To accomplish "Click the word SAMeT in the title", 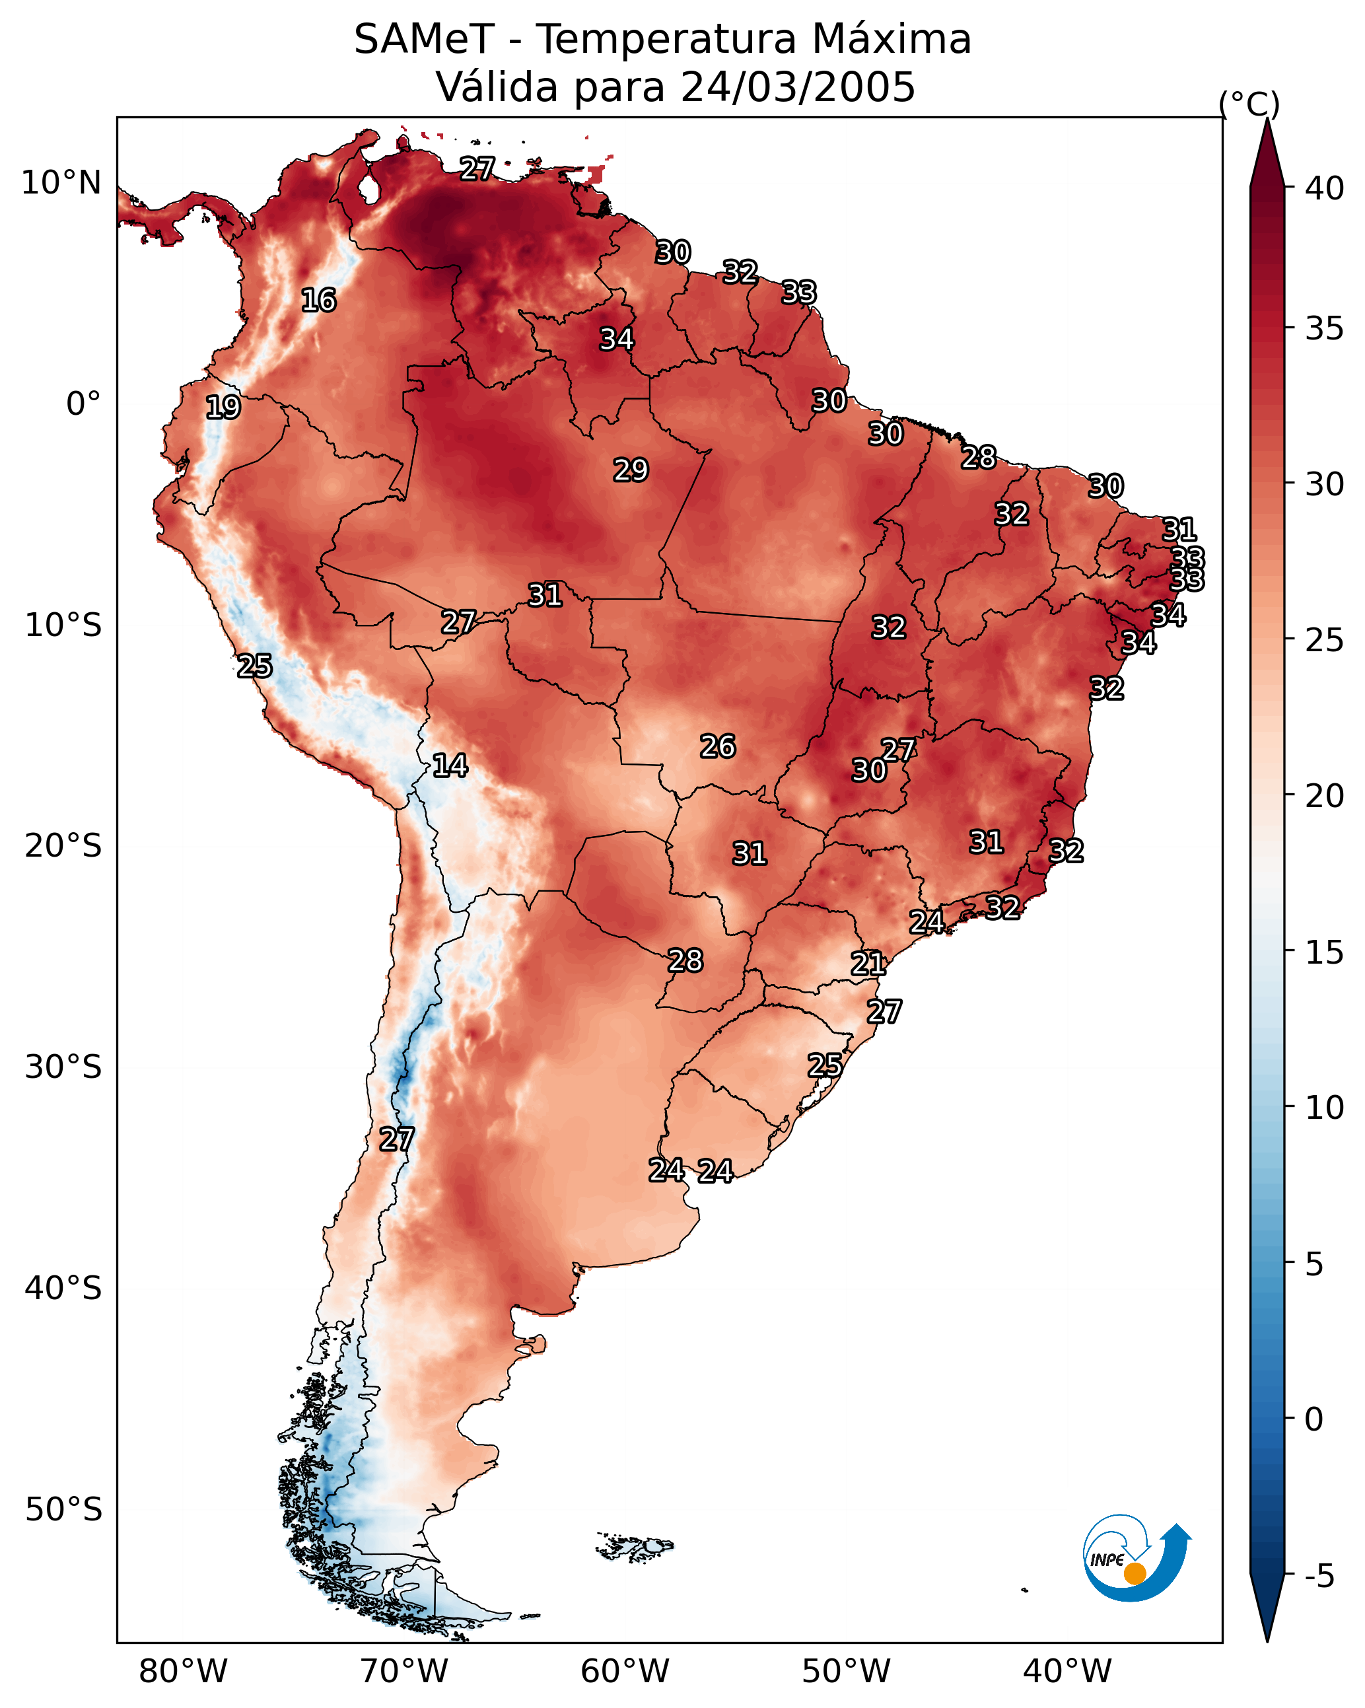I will (424, 40).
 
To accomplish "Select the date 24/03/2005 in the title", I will (798, 87).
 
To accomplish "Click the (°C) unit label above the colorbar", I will (1249, 104).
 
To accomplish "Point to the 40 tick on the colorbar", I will (1325, 188).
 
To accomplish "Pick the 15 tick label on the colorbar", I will (1325, 952).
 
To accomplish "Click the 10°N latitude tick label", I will (61, 183).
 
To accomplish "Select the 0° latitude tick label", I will (83, 404).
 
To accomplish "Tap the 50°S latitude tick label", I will (63, 1510).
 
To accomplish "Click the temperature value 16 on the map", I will (318, 301).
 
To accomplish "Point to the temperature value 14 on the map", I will (450, 765).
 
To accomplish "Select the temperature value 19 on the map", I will (223, 408).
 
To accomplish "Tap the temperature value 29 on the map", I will (631, 470).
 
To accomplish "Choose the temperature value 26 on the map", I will (718, 746).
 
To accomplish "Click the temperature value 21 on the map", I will (868, 964).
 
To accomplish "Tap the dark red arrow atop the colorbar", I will (1267, 155).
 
